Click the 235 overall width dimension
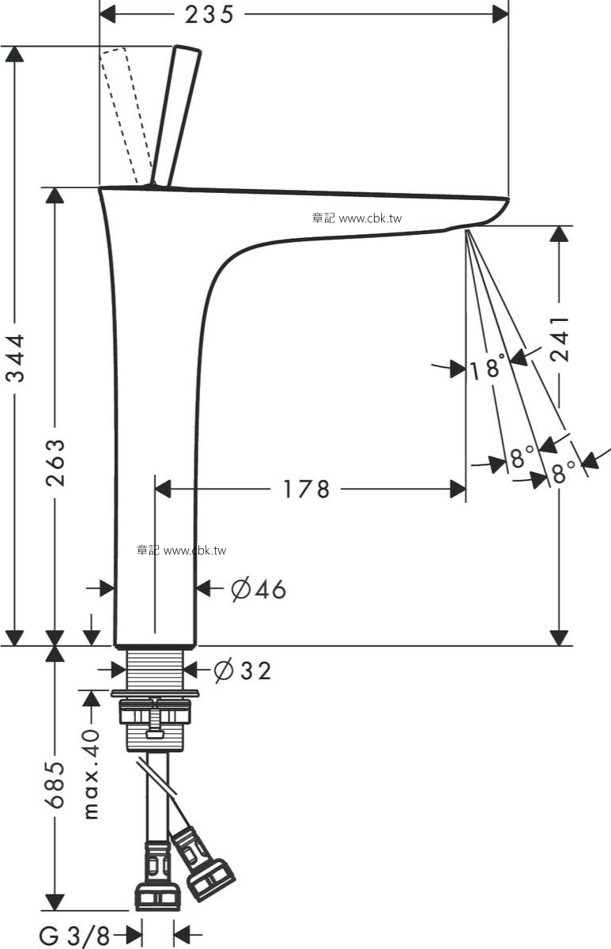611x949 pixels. tap(209, 14)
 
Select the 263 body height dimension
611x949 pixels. tap(55, 463)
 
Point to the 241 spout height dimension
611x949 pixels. tap(560, 338)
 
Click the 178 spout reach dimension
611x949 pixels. tap(306, 490)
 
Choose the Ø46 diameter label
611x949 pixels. tap(258, 589)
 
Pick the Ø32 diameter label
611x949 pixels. tap(243, 671)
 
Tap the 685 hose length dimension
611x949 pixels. tap(55, 785)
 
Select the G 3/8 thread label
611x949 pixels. tap(74, 936)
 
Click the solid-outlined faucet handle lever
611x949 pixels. tap(175, 115)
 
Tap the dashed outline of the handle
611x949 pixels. tap(126, 115)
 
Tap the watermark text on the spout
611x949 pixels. tap(357, 218)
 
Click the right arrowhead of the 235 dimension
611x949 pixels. tap(500, 14)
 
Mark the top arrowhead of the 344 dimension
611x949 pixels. tap(15, 55)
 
